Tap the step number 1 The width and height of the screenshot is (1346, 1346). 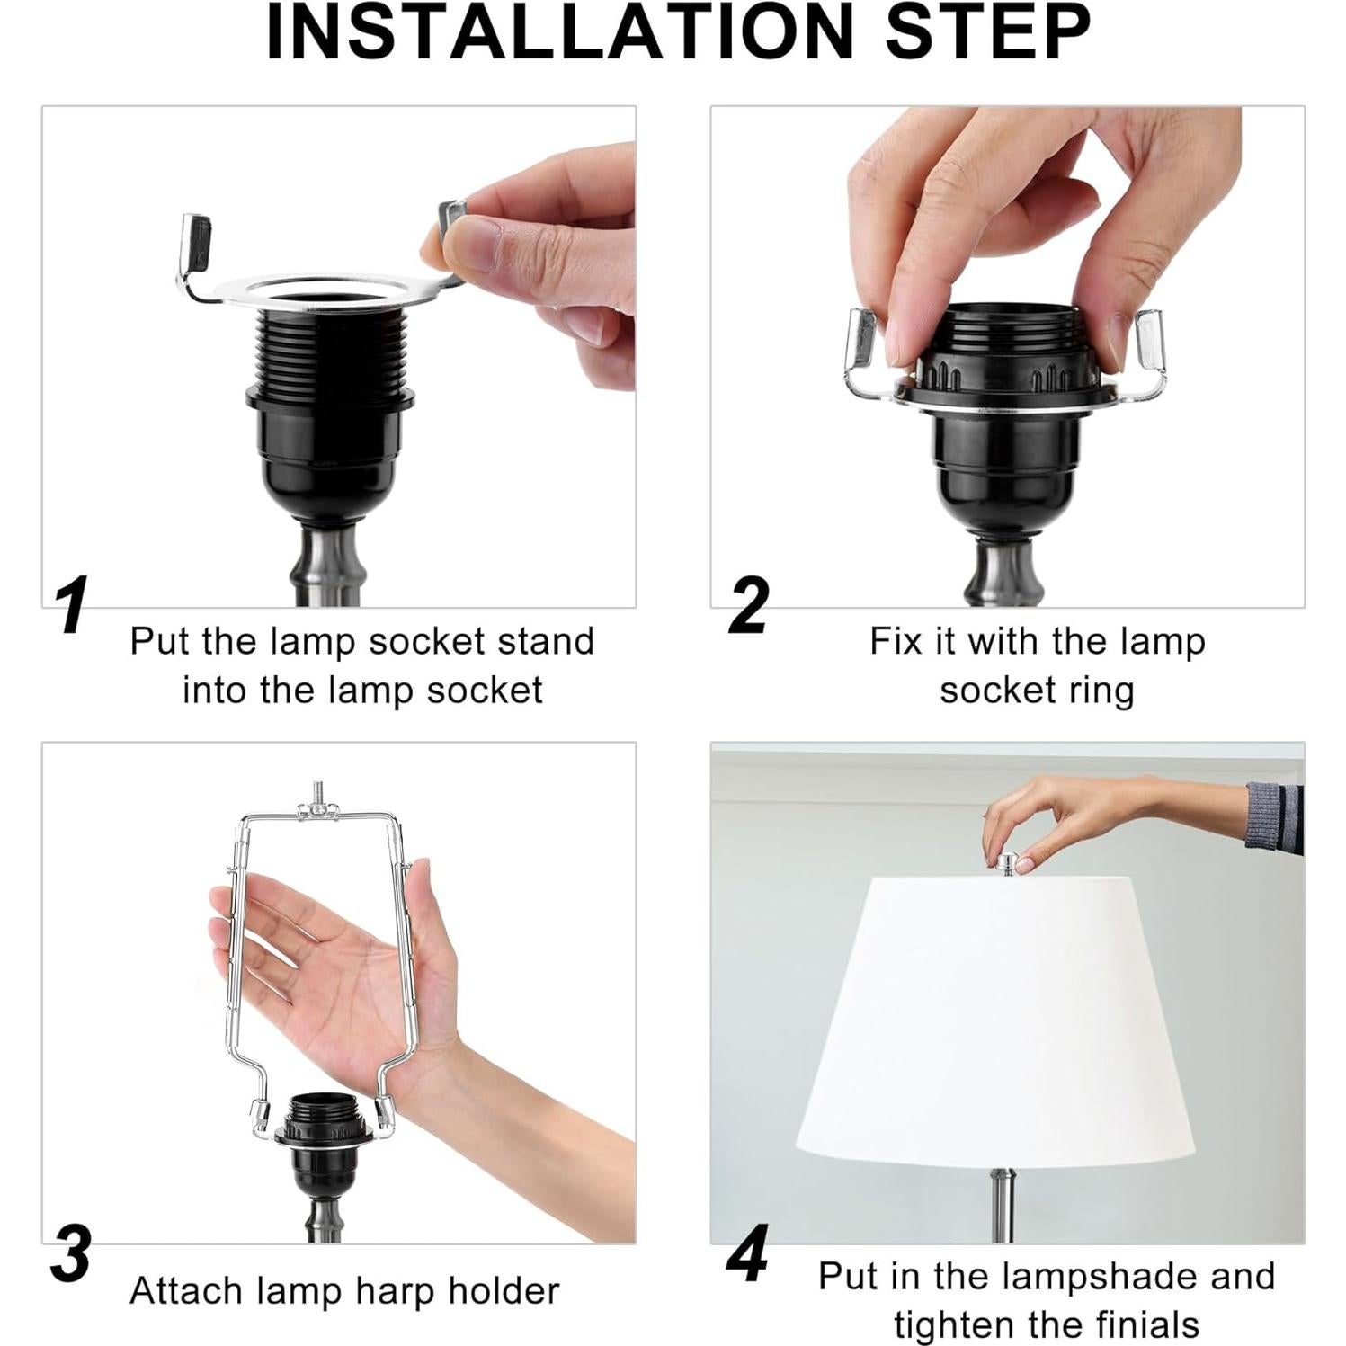click(71, 605)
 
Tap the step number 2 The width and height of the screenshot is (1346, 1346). click(748, 605)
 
